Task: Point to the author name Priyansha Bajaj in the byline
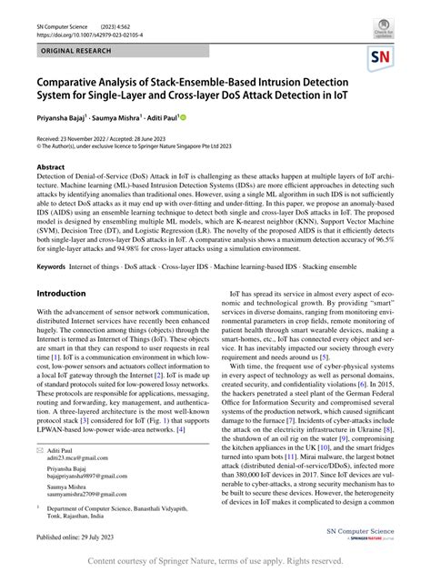pos(66,117)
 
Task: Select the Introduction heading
pos(61,294)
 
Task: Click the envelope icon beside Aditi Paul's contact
pos(40,450)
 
